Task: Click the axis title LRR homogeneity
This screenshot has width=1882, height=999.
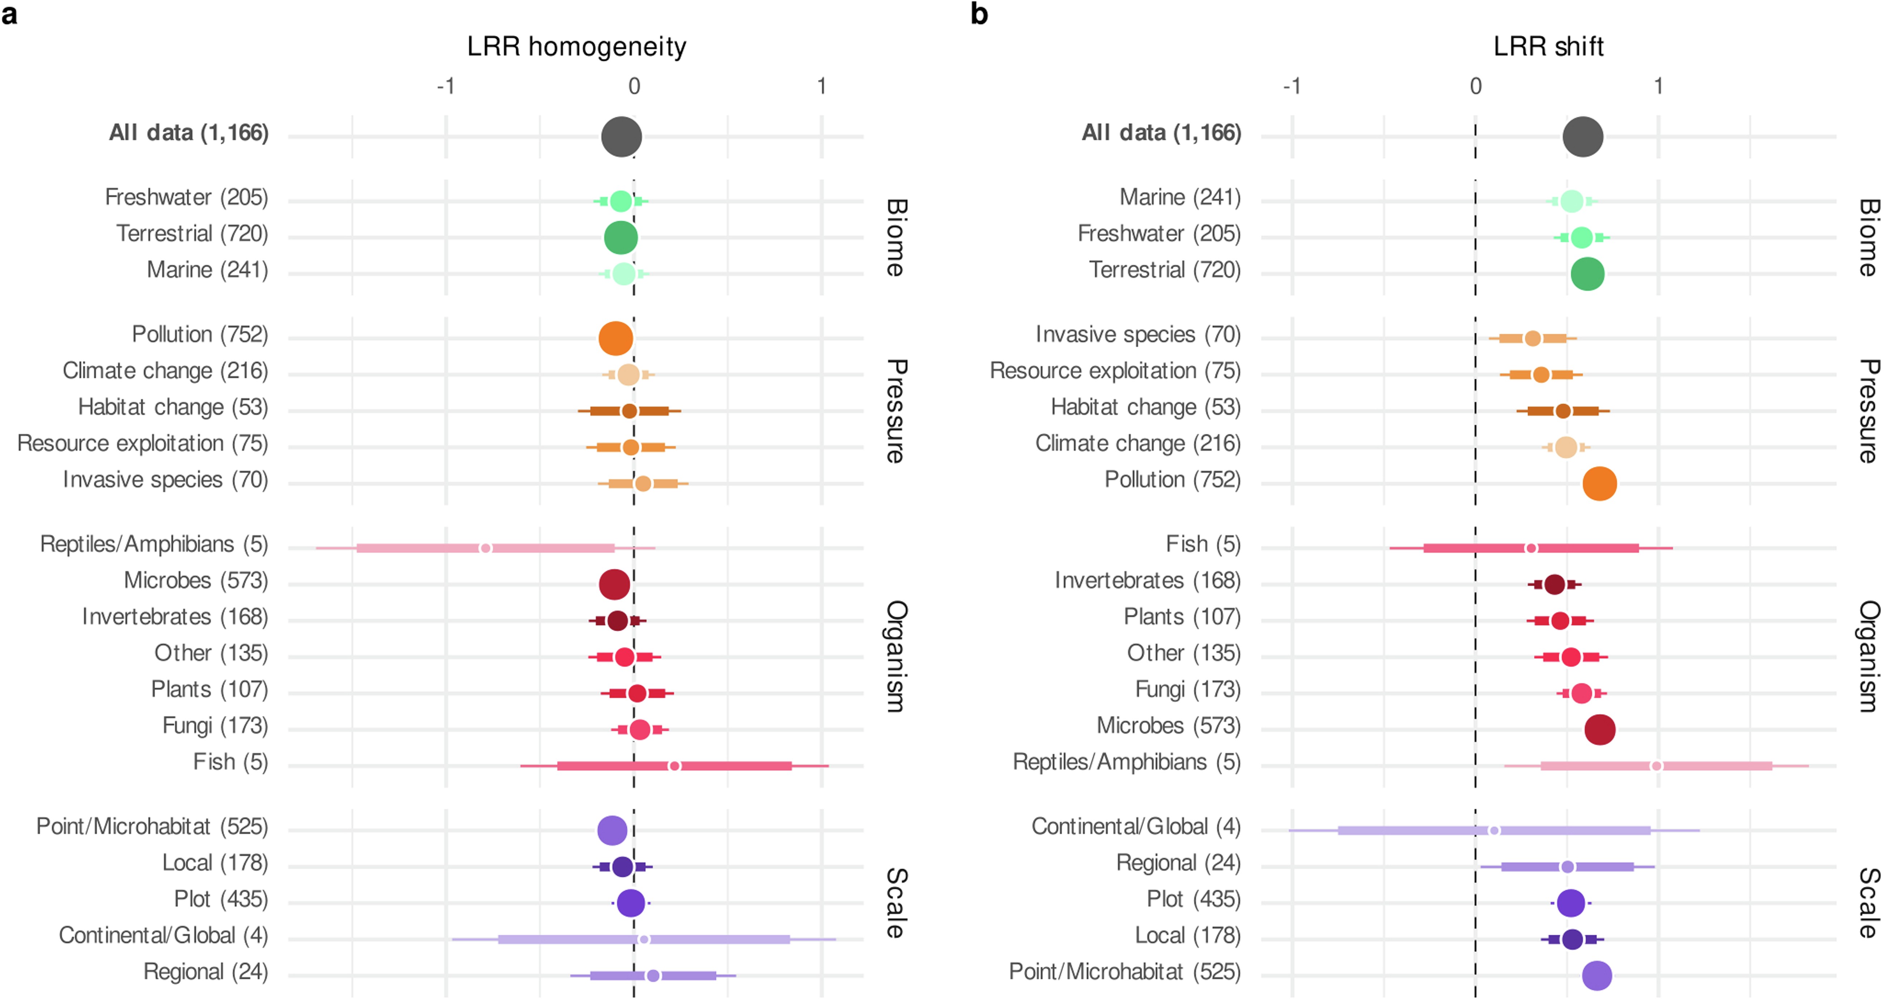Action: pyautogui.click(x=576, y=47)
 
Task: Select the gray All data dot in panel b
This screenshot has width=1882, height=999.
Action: pyautogui.click(x=1582, y=137)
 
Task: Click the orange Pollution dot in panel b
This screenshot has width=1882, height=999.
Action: pyautogui.click(x=1599, y=483)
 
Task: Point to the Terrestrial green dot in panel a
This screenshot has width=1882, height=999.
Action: pyautogui.click(x=621, y=237)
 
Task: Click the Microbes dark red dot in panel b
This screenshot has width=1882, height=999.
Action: pyautogui.click(x=1599, y=729)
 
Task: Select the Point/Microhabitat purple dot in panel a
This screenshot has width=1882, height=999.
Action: pyautogui.click(x=612, y=830)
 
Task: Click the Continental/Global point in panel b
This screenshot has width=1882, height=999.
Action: pyautogui.click(x=1494, y=830)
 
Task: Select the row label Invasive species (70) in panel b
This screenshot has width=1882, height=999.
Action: pyautogui.click(x=1137, y=335)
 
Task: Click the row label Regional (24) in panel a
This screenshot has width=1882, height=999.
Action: pyautogui.click(x=205, y=972)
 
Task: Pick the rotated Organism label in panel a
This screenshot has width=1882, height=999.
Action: pyautogui.click(x=897, y=656)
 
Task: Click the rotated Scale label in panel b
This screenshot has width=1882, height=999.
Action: pyautogui.click(x=1868, y=903)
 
